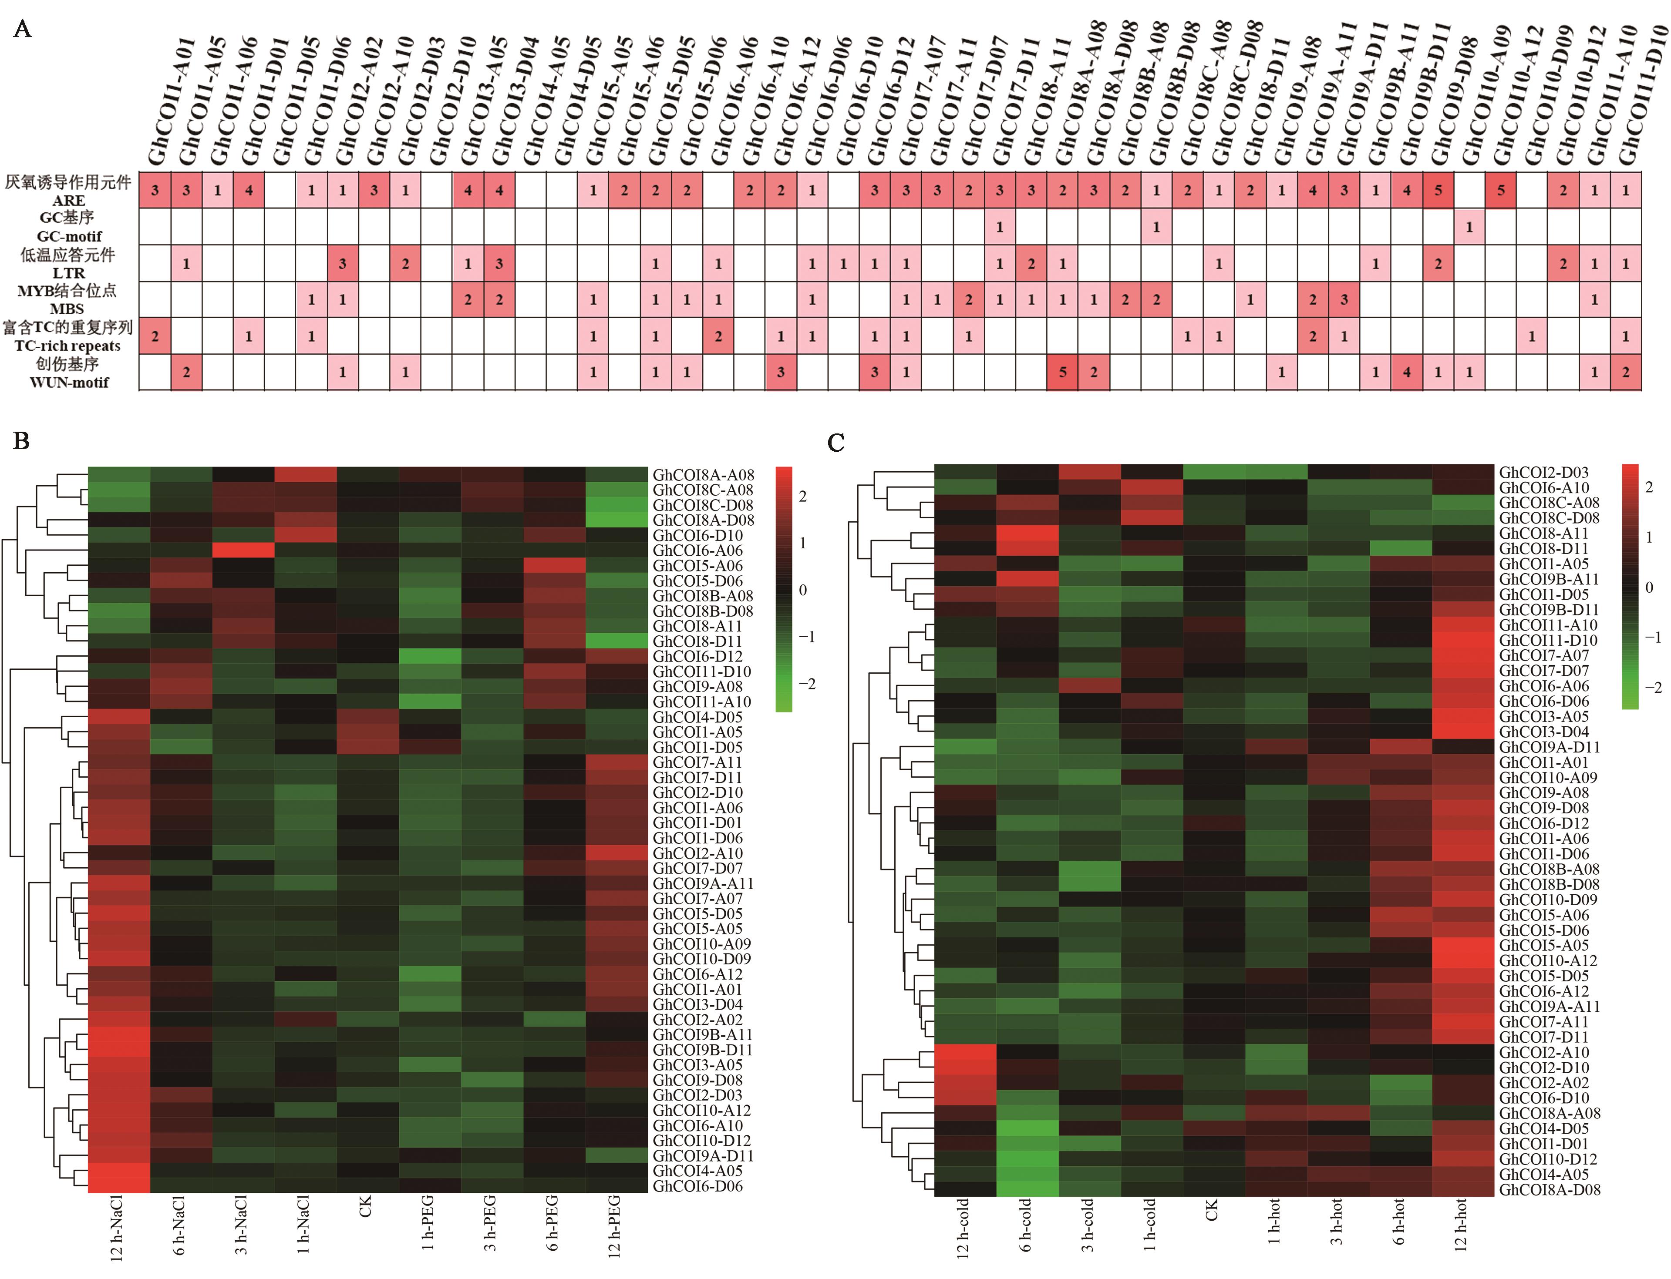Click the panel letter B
point(21,441)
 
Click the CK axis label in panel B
point(366,1208)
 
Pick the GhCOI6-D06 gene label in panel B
point(697,1186)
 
